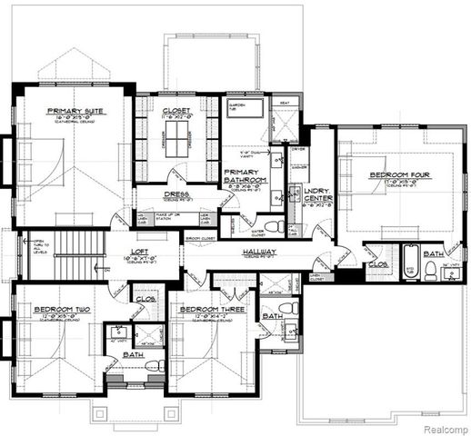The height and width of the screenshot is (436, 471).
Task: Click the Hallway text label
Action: point(259,252)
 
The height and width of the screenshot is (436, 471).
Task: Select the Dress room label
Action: point(176,193)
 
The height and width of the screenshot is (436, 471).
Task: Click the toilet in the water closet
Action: point(272,226)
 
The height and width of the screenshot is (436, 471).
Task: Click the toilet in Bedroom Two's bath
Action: point(152,366)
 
